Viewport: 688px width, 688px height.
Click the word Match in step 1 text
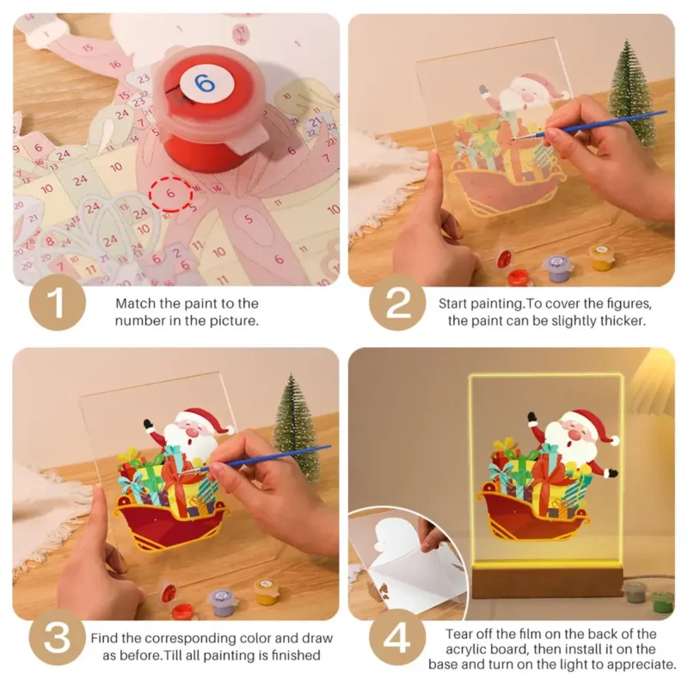pos(137,304)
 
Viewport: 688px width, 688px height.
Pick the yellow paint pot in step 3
pos(267,591)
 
